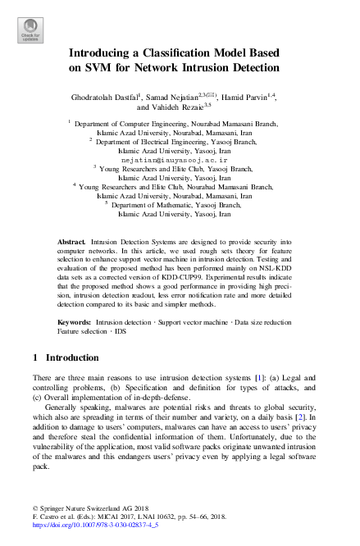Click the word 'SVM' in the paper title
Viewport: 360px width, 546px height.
(87, 67)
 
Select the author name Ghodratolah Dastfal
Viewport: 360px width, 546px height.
(108, 98)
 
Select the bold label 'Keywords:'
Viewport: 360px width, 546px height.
(75, 324)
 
